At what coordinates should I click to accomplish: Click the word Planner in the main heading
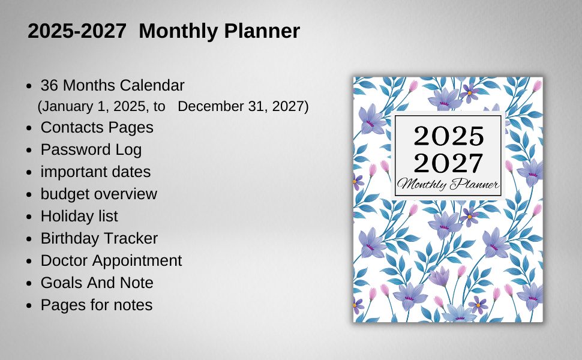coord(262,31)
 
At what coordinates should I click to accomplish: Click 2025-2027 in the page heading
coord(77,31)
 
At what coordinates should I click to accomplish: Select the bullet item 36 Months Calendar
coord(112,85)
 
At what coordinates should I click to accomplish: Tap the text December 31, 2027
coord(243,107)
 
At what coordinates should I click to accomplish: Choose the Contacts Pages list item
coord(97,128)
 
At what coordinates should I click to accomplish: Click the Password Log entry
coord(91,149)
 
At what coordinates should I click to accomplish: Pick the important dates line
coord(95,172)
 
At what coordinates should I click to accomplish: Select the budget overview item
coord(98,194)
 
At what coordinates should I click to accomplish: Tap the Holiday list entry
coord(79,216)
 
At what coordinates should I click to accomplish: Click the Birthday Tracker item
coord(99,238)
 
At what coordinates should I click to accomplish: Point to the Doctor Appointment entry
coord(111,260)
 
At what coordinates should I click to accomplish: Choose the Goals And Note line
coord(97,283)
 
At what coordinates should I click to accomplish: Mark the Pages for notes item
coord(96,305)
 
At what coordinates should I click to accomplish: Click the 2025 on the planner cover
coord(448,136)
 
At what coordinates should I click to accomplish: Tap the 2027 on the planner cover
coord(448,163)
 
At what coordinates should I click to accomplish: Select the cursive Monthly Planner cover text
coord(448,184)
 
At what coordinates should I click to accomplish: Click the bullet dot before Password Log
coord(29,150)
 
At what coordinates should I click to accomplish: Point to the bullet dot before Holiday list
coord(29,217)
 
